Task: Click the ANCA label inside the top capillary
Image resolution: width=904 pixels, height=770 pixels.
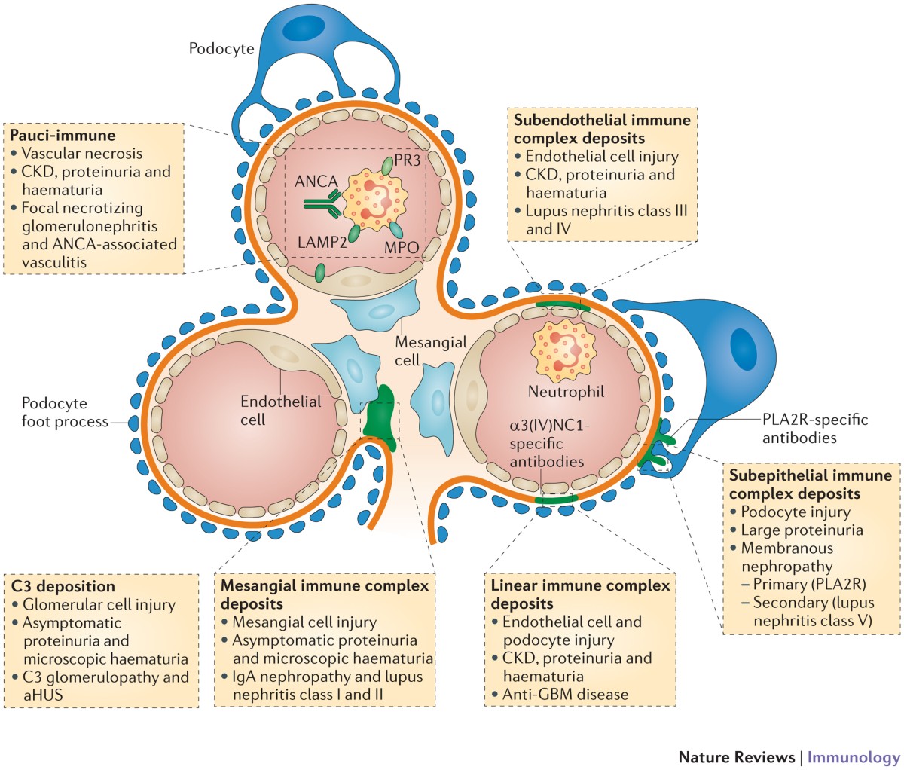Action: pyautogui.click(x=316, y=182)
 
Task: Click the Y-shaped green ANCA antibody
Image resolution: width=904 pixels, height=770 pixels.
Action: pyautogui.click(x=321, y=203)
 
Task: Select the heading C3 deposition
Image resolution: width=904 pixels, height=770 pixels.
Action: pyautogui.click(x=63, y=586)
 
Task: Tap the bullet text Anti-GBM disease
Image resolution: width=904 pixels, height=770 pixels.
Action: pyautogui.click(x=565, y=694)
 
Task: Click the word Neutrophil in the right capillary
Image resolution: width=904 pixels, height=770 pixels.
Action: pyautogui.click(x=566, y=392)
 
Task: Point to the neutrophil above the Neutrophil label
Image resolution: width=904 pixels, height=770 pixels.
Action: pyautogui.click(x=563, y=352)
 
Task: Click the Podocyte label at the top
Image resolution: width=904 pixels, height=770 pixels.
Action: pyautogui.click(x=221, y=50)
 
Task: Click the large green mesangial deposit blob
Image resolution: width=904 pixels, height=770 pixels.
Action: pyautogui.click(x=381, y=414)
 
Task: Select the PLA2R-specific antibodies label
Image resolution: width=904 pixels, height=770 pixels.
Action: pyautogui.click(x=814, y=428)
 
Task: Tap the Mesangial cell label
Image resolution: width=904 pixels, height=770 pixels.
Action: pyautogui.click(x=430, y=350)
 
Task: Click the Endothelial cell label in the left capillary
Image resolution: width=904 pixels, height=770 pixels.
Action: pyautogui.click(x=280, y=410)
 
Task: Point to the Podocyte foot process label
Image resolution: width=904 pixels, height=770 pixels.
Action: pyautogui.click(x=65, y=412)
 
